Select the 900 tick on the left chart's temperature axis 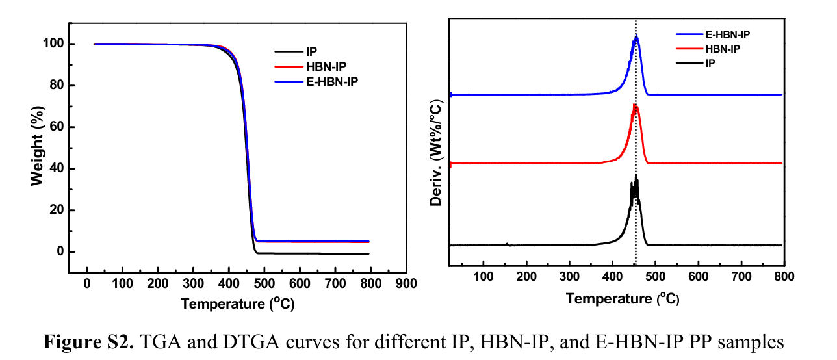(x=406, y=284)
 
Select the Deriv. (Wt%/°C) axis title (x=437, y=153)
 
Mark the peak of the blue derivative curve (x=636, y=36)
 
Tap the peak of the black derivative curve (x=636, y=175)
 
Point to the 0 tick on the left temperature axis (x=87, y=284)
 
